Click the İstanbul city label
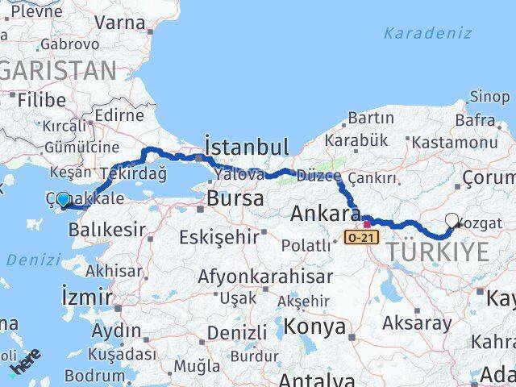pyautogui.click(x=247, y=147)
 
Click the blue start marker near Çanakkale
pyautogui.click(x=64, y=199)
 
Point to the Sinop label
pyautogui.click(x=489, y=97)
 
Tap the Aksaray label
pyautogui.click(x=417, y=324)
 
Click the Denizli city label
pyautogui.click(x=237, y=332)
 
